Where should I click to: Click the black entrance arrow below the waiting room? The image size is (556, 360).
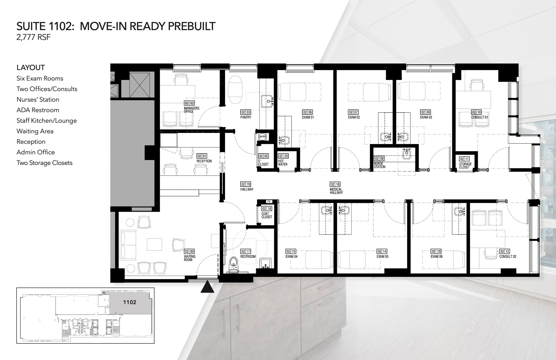[207, 287]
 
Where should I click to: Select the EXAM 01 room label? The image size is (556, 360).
[308, 117]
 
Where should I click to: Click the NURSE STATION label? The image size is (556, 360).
[380, 165]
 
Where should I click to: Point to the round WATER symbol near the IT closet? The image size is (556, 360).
[263, 137]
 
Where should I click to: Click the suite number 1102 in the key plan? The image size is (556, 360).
[129, 302]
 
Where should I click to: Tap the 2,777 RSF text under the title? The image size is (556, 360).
[34, 37]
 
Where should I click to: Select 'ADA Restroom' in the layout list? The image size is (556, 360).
[38, 110]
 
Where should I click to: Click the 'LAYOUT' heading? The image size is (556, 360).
[31, 68]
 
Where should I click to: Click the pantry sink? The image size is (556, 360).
[267, 101]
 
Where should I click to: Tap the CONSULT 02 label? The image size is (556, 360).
[508, 256]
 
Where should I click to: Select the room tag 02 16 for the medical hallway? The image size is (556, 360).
[335, 184]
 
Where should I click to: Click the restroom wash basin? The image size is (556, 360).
[265, 264]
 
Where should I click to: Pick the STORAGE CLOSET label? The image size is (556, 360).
[465, 165]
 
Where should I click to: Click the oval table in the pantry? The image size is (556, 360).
[235, 89]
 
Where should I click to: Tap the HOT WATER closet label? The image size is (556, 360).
[283, 163]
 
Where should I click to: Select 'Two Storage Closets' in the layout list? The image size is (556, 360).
[45, 163]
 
